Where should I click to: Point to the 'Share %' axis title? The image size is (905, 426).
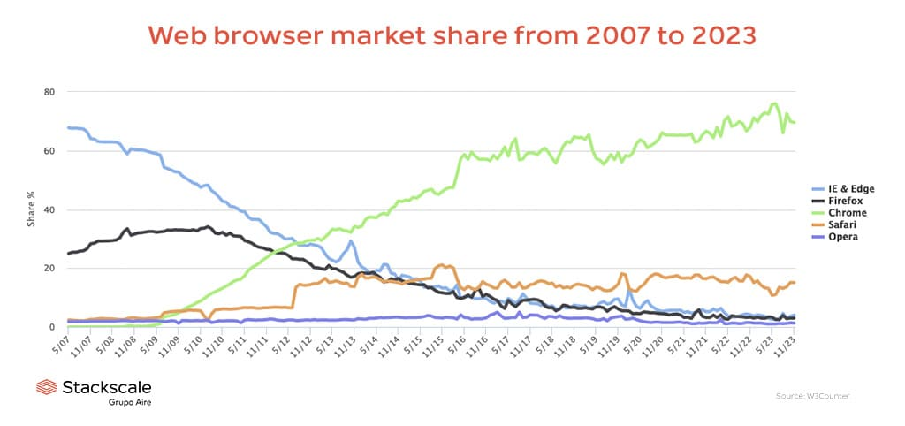[31, 209]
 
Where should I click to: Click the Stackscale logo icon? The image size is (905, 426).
[46, 388]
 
